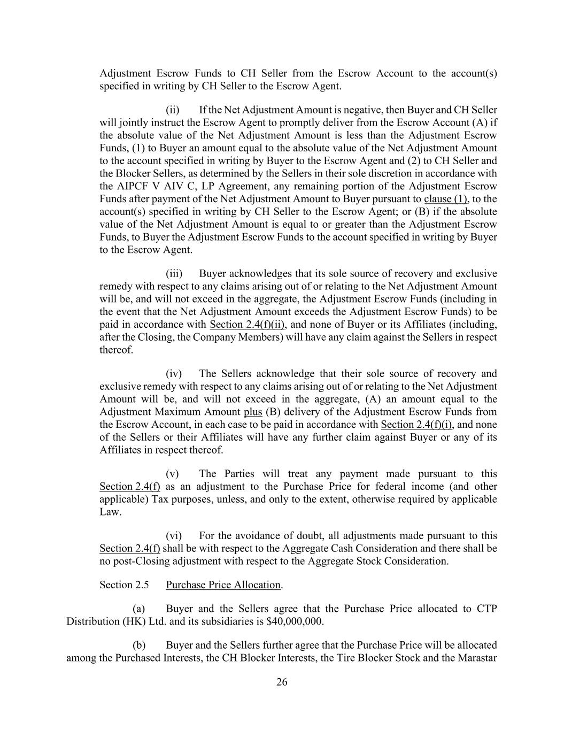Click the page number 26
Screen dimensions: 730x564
282,682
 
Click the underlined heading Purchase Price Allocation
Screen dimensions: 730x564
223,585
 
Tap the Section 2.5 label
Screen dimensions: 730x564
124,585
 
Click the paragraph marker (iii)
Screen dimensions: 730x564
174,273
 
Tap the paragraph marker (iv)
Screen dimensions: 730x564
174,373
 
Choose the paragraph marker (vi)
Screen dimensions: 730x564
174,535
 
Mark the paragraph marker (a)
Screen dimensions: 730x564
139,609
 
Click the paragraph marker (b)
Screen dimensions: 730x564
139,645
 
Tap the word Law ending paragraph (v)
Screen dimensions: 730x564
110,512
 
